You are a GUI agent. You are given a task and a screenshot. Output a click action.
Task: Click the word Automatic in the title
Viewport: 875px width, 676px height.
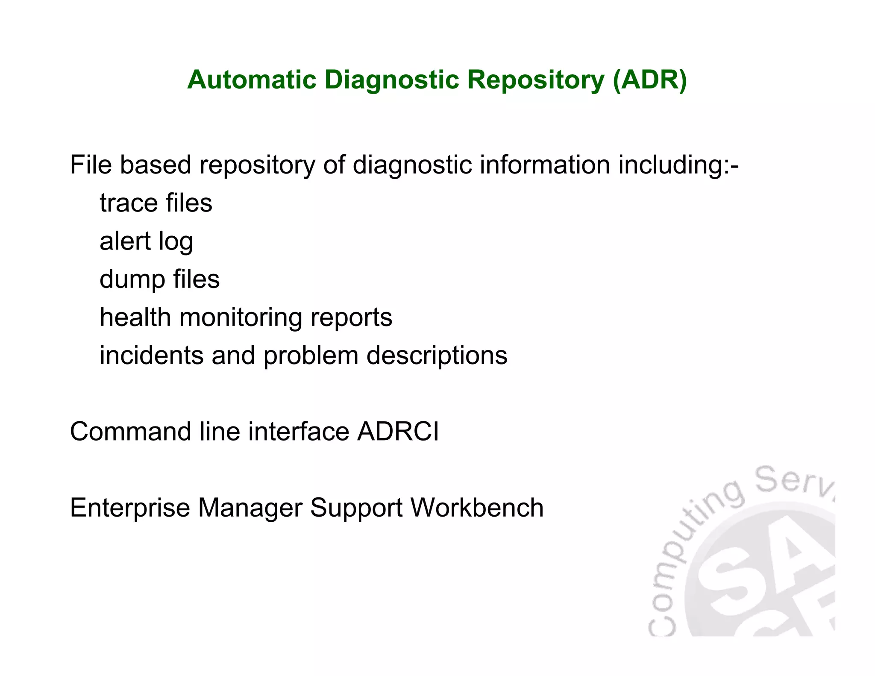pyautogui.click(x=252, y=80)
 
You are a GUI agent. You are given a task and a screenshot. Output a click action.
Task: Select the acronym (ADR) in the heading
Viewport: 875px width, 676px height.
pyautogui.click(x=649, y=80)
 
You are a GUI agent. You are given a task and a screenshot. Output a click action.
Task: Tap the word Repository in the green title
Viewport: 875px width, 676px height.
pyautogui.click(x=536, y=80)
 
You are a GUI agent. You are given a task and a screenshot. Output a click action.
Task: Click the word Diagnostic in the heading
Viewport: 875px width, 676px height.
pyautogui.click(x=391, y=80)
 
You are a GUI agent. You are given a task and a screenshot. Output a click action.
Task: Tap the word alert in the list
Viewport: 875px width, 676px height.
pyautogui.click(x=125, y=241)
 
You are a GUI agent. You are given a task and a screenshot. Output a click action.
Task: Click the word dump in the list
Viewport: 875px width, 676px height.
pyautogui.click(x=132, y=280)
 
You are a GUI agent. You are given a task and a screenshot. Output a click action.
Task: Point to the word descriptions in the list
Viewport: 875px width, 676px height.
pyautogui.click(x=437, y=356)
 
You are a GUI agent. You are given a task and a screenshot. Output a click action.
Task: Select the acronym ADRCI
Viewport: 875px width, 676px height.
pyautogui.click(x=398, y=432)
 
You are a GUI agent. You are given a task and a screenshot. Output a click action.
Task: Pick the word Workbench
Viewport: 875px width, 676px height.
pyautogui.click(x=477, y=508)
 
